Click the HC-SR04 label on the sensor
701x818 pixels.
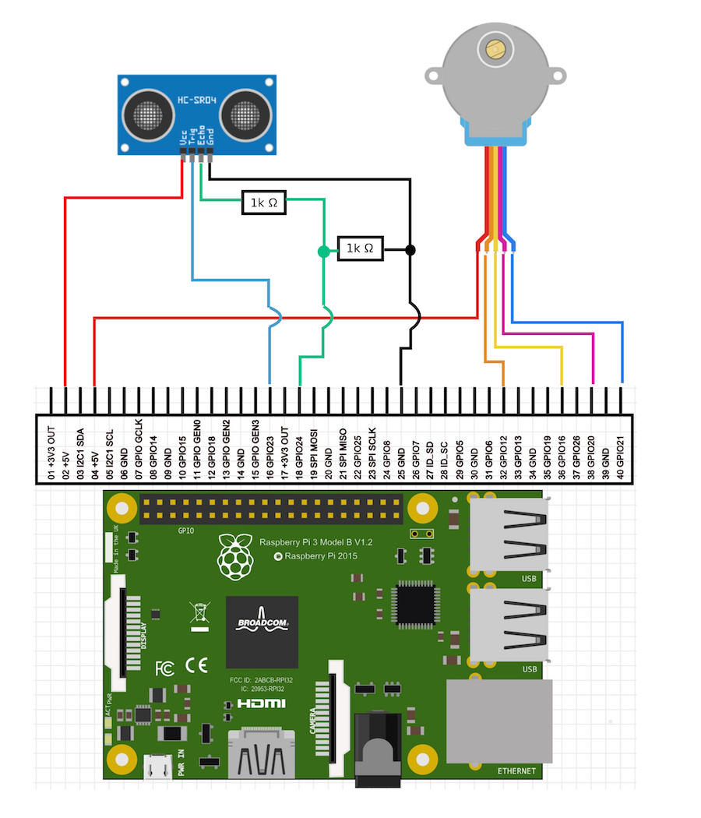197,100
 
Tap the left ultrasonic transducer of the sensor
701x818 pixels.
148,115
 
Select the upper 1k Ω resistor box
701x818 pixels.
264,203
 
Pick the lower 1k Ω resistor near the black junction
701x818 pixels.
360,249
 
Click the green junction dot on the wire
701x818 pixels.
322,251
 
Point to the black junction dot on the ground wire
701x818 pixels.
410,250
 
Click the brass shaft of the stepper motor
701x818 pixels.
494,50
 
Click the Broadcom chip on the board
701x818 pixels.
262,633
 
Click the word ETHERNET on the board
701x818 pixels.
517,771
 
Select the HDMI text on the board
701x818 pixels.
262,704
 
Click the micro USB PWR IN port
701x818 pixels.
159,767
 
